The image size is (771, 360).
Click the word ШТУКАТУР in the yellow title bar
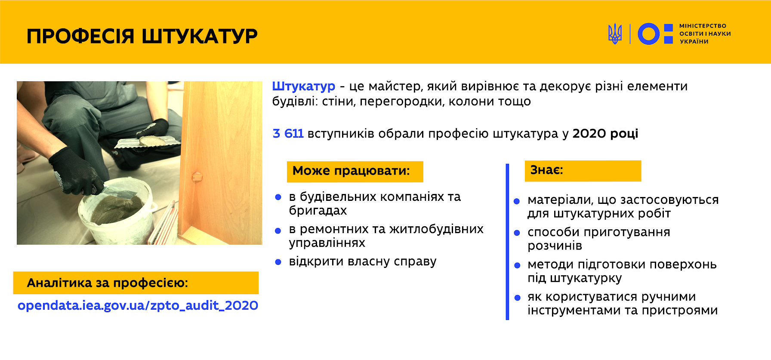[200, 36]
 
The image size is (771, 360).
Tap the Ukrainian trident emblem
[615, 34]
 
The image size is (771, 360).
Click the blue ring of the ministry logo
[648, 34]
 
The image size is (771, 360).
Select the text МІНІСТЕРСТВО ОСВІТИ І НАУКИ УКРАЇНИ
[705, 34]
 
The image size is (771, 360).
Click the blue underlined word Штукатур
[304, 86]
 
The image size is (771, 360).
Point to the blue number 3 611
[288, 134]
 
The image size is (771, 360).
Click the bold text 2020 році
[605, 134]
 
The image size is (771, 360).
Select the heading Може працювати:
[351, 171]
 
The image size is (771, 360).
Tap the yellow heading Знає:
[546, 170]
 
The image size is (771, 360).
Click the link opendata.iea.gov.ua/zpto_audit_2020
[138, 306]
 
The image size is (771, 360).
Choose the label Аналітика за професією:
[108, 283]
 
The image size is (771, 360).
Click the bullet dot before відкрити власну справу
[278, 262]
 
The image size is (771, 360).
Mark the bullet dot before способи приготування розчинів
[517, 233]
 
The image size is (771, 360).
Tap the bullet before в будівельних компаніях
[278, 197]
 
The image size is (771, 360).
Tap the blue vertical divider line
[508, 242]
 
